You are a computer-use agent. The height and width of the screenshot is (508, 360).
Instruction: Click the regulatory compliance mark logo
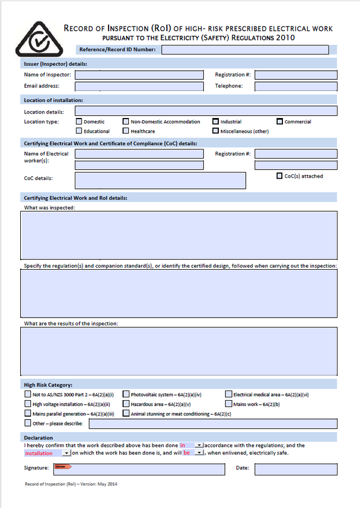(37, 42)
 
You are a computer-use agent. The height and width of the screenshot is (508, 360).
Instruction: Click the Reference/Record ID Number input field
(245, 50)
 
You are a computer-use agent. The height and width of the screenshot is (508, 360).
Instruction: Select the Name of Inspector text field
(139, 75)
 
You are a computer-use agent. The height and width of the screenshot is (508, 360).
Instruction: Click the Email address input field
(139, 87)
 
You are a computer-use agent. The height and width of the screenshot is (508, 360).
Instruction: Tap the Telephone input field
(296, 87)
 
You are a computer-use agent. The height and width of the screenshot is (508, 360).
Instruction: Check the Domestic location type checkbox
(79, 121)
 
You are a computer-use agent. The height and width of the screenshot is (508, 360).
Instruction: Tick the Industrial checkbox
(215, 121)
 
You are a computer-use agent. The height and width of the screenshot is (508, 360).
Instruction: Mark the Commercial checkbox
(280, 121)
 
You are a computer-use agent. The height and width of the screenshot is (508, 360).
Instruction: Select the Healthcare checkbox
(126, 131)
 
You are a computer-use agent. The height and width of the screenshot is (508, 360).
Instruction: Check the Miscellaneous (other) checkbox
(215, 131)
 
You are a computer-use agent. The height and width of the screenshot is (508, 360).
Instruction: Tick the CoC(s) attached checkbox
(280, 176)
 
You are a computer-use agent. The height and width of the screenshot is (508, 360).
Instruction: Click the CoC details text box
(160, 180)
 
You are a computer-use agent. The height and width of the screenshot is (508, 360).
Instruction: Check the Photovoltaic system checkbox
(126, 394)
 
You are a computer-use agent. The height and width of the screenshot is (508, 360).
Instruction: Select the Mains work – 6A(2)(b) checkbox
(228, 403)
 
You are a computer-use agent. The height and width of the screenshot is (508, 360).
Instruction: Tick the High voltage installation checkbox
(28, 403)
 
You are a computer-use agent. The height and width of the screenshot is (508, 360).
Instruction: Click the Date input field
(296, 469)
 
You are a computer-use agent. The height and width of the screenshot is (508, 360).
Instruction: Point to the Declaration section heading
(38, 437)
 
